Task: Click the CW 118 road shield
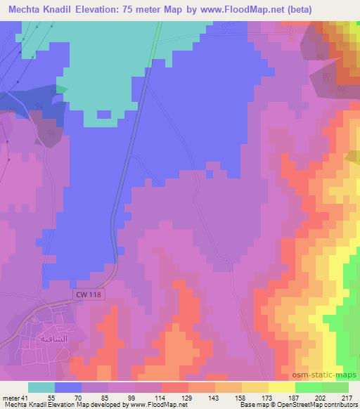[x=88, y=295]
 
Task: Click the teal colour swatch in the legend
[x=41, y=387]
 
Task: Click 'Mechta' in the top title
[x=27, y=9]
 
